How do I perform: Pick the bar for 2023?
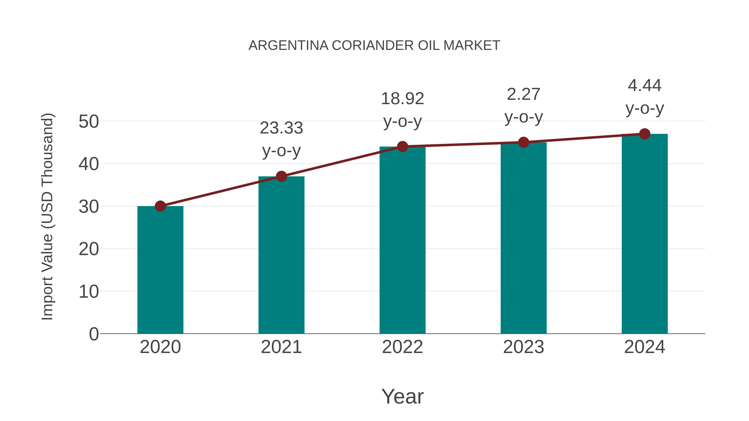[x=523, y=238]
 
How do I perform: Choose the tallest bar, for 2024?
[x=645, y=234]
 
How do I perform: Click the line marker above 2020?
[x=160, y=206]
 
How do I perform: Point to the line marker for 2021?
[x=281, y=176]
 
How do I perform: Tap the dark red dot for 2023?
[x=523, y=142]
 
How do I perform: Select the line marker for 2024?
[x=645, y=134]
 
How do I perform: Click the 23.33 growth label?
[x=281, y=128]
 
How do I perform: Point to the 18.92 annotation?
[x=402, y=99]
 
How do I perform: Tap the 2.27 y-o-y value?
[x=523, y=94]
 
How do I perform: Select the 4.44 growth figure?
[x=645, y=85]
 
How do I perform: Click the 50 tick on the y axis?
[x=89, y=121]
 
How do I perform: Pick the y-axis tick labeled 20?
[x=89, y=249]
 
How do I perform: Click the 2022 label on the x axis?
[x=402, y=347]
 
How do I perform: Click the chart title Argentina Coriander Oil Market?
[x=374, y=45]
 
